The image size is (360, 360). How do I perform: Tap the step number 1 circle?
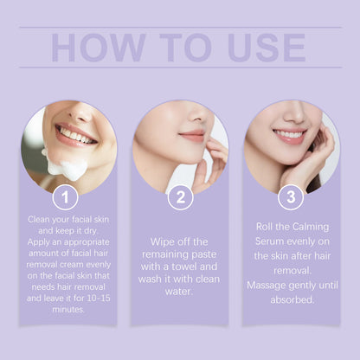pyautogui.click(x=67, y=197)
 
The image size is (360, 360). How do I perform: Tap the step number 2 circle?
pyautogui.click(x=179, y=197)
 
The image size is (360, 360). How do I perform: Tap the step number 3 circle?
pyautogui.click(x=291, y=197)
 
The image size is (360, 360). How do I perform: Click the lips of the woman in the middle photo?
pyautogui.click(x=192, y=136)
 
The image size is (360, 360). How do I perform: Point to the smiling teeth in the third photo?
pyautogui.click(x=291, y=135)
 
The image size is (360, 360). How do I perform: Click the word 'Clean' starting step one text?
pyautogui.click(x=41, y=220)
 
